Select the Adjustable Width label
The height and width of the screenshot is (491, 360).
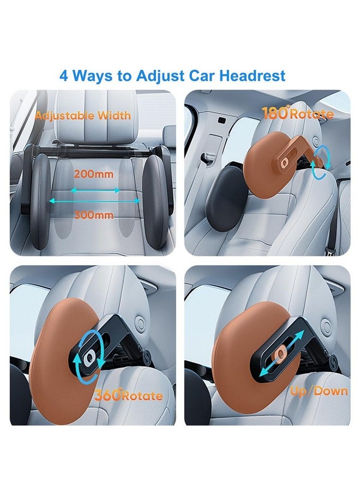(83, 116)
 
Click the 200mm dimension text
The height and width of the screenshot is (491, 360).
(94, 175)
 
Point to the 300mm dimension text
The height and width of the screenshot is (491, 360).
(94, 214)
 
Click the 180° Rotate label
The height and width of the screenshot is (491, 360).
(298, 114)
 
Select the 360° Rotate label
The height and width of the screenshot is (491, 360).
(129, 396)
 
